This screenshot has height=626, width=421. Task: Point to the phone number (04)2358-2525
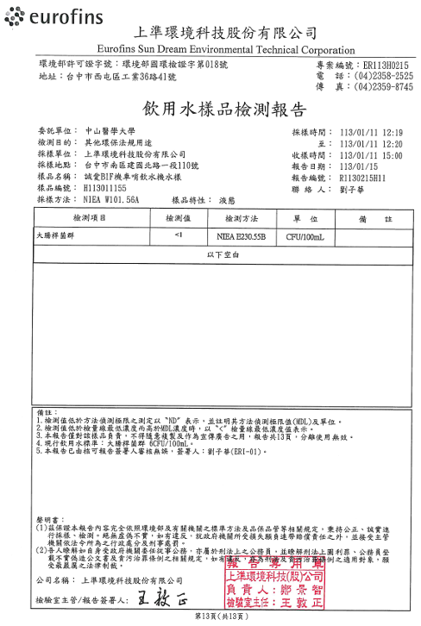[383, 76]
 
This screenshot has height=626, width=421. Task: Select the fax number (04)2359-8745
[383, 86]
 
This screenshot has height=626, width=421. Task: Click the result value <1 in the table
[178, 234]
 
